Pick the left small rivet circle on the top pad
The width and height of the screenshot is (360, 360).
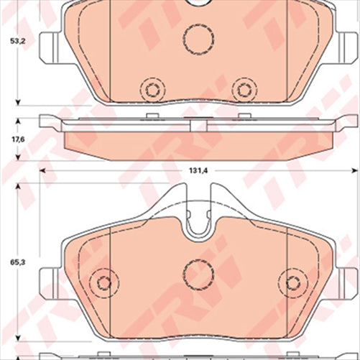point(150,90)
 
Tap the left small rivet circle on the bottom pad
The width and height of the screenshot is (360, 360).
point(103,282)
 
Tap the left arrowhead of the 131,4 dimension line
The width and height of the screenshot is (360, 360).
point(42,170)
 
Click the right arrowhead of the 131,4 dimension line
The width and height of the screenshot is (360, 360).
point(354,170)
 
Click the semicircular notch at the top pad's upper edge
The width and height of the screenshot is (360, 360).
point(197,4)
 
